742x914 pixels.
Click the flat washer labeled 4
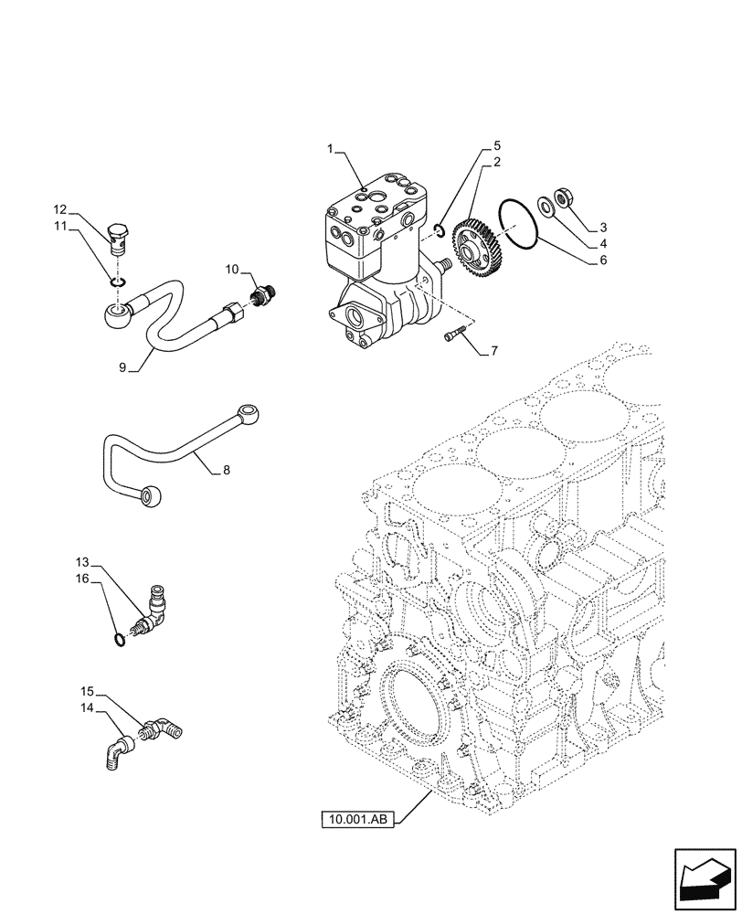click(546, 206)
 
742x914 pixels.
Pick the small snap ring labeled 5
click(440, 229)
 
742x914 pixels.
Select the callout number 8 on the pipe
click(227, 471)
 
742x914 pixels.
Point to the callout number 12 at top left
click(59, 209)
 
